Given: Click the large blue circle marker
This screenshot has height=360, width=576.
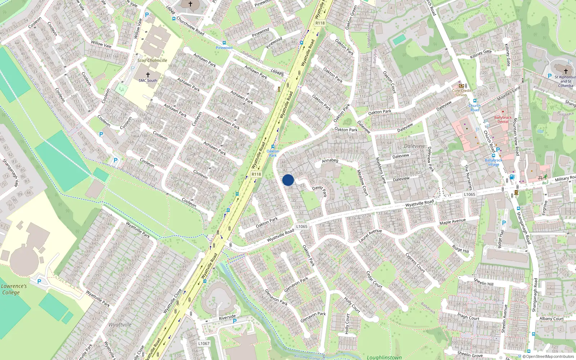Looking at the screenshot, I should [x=288, y=180].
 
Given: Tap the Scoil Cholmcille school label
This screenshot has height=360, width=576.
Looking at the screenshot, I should [x=152, y=60].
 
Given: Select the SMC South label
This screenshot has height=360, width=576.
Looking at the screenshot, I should [x=148, y=81].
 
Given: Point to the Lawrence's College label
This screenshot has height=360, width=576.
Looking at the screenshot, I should [x=14, y=289].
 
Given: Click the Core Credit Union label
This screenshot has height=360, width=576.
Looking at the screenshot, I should [x=461, y=93].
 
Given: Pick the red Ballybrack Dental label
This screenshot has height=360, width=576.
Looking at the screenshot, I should [x=503, y=120].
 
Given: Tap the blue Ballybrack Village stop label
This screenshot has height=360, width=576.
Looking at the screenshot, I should [x=493, y=162].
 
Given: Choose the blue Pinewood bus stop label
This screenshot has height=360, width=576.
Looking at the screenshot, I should [x=224, y=48].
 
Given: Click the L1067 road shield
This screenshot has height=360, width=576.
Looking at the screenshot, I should [x=204, y=343].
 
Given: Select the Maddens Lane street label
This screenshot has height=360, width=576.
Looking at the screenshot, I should [x=381, y=170].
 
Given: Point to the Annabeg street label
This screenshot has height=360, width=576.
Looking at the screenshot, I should [x=330, y=161].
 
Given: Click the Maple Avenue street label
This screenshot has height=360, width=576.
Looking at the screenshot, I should [x=453, y=221].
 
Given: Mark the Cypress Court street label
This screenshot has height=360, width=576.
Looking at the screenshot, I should [x=415, y=263].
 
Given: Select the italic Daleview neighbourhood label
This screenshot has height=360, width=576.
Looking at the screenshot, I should [x=414, y=146].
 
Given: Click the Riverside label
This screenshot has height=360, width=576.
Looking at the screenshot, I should [x=227, y=317].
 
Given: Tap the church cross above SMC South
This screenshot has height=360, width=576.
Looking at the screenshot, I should [x=148, y=75].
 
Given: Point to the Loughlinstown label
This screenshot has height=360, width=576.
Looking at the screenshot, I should [x=384, y=357].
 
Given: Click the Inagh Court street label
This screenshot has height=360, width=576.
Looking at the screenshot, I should [x=468, y=316].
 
